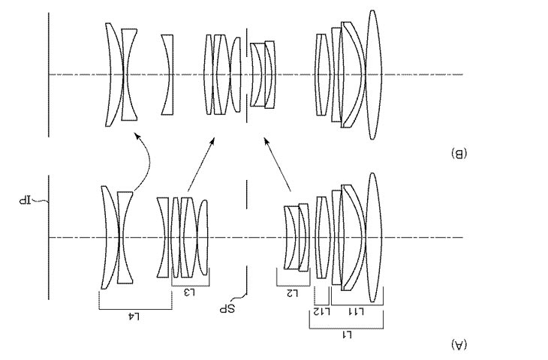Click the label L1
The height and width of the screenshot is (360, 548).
pos(347,335)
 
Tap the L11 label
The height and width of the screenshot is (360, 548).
pos(356,311)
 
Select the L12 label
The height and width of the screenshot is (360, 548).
pos(321,311)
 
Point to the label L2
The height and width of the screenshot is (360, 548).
pos(292,293)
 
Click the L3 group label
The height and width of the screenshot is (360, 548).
pos(189,292)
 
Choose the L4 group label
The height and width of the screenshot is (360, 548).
pos(134,316)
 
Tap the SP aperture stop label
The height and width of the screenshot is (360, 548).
pos(227,309)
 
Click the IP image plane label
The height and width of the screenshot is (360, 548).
pos(25,201)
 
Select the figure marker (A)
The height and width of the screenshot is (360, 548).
pos(459,345)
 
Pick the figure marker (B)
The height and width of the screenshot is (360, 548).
pos(459,153)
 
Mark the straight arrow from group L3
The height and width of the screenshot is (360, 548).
pos(201,164)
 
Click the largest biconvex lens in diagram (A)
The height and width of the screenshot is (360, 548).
pos(373,238)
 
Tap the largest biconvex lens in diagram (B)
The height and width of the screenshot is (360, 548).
pos(373,75)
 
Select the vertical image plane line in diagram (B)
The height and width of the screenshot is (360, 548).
pos(49,75)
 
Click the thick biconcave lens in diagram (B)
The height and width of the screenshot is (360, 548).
pos(129,75)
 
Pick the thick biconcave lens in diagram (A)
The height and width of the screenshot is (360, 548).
pos(125,238)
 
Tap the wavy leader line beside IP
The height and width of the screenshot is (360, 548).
pos(41,200)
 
